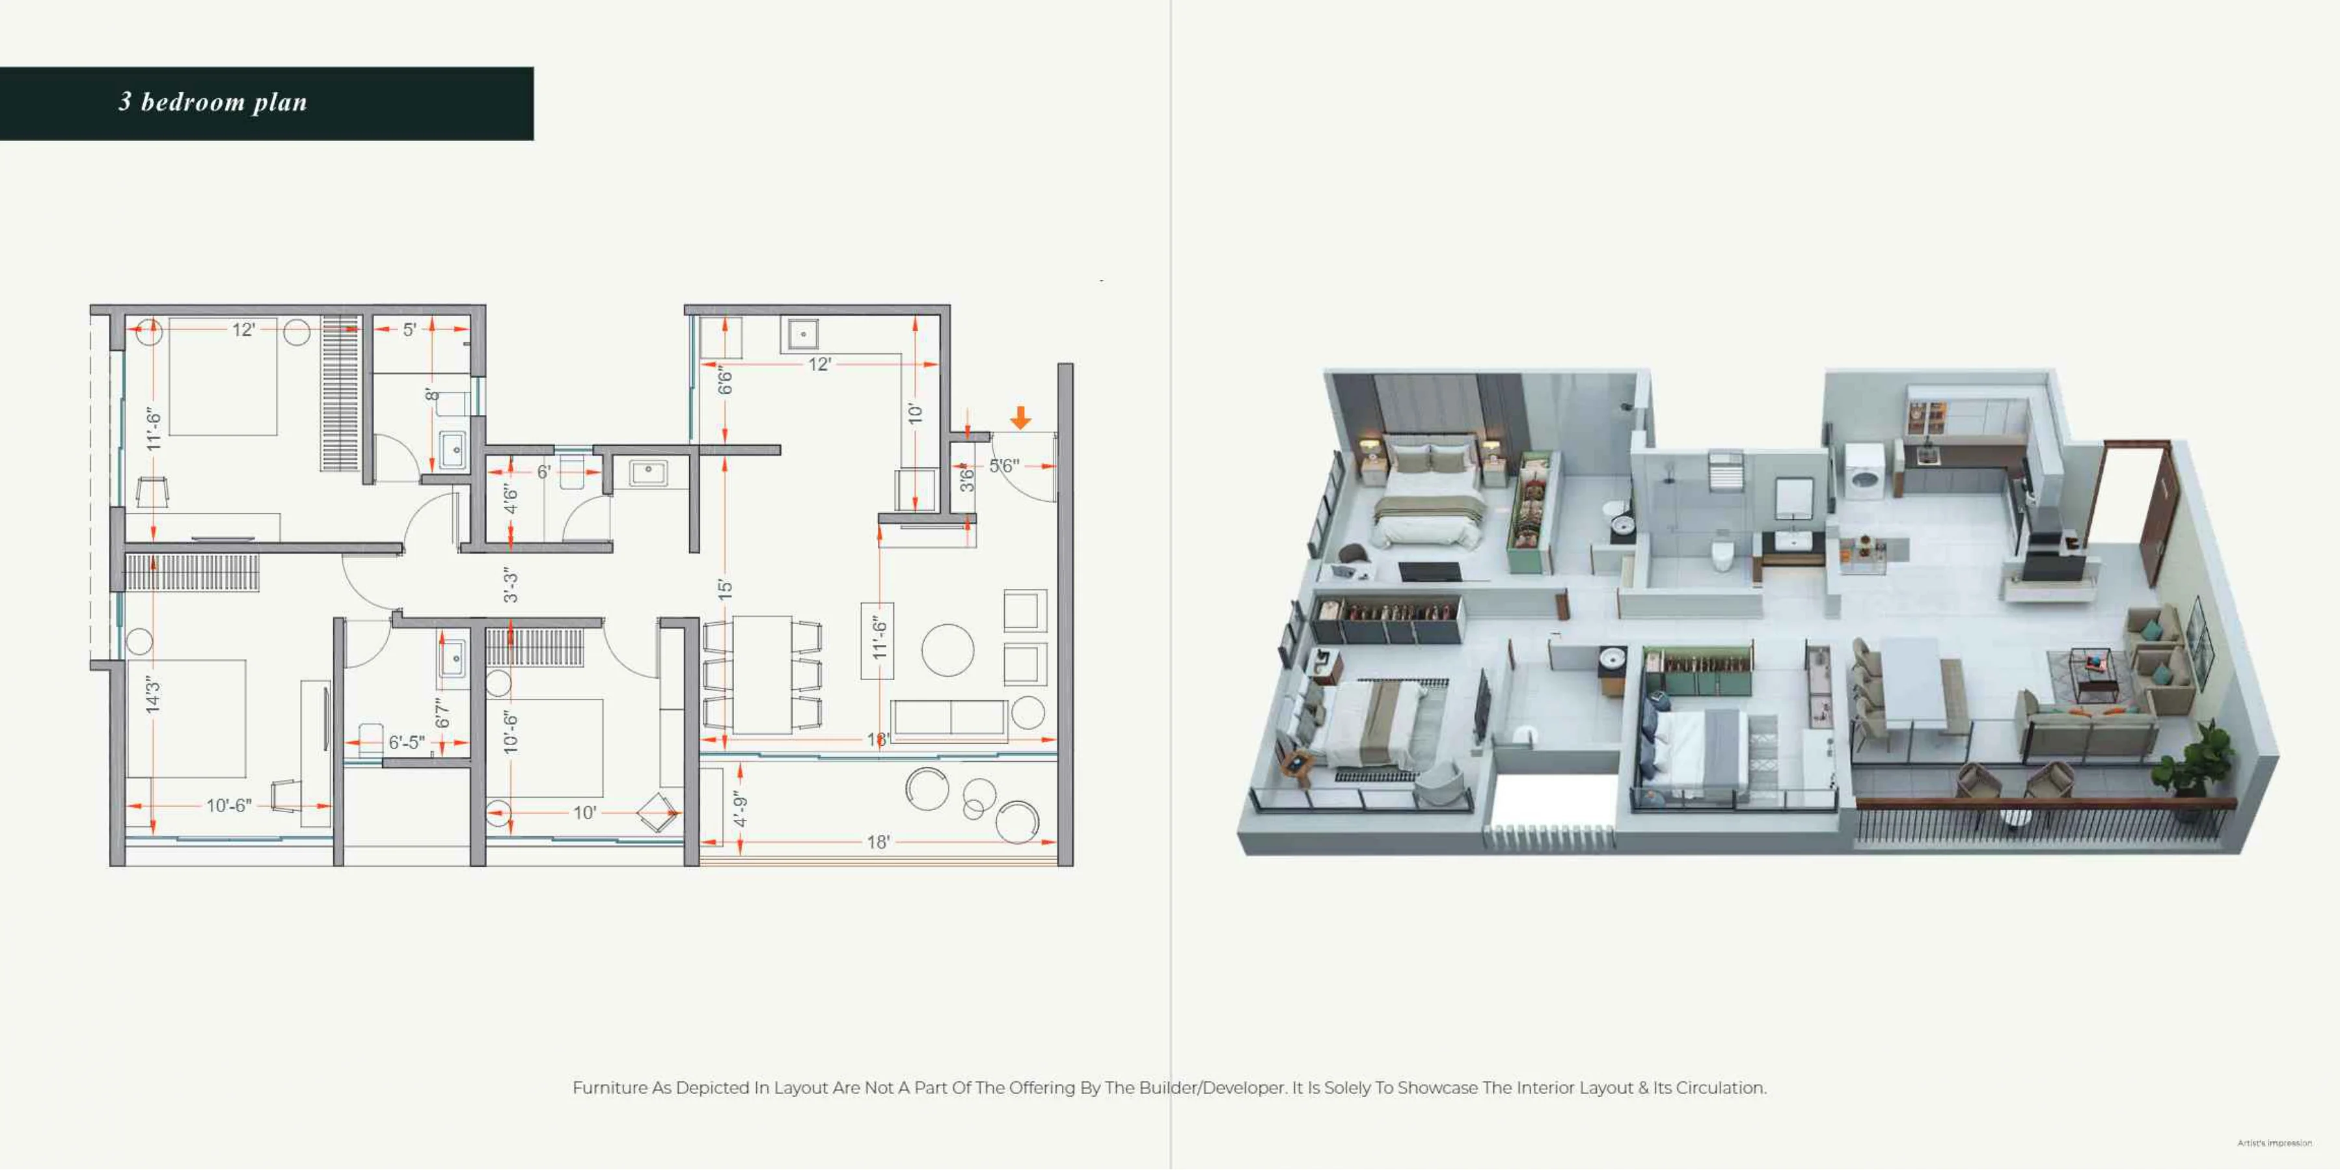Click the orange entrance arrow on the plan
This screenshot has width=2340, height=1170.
point(1020,418)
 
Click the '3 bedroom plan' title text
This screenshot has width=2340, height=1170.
point(213,102)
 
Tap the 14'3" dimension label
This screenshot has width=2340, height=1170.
point(153,694)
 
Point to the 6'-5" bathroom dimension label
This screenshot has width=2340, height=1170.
point(406,742)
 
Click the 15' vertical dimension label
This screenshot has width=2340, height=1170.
point(724,589)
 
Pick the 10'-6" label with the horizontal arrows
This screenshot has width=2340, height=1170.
point(228,806)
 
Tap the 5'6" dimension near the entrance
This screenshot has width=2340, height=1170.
point(1004,466)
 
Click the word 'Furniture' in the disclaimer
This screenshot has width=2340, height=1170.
point(610,1088)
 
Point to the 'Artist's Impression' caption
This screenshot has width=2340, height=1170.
point(2274,1143)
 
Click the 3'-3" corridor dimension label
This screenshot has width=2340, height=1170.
point(511,586)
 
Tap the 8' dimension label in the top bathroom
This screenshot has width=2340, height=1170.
point(431,395)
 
